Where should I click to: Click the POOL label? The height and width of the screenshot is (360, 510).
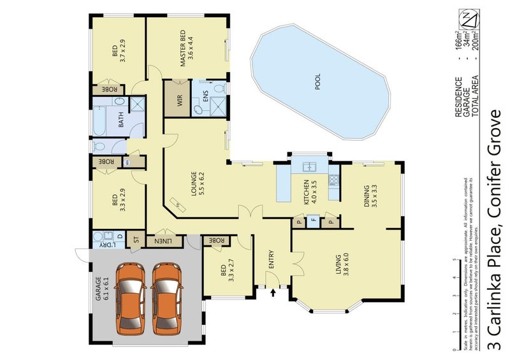318,82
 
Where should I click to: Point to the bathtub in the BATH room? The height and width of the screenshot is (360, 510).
99,121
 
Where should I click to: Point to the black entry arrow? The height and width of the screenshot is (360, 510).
273,292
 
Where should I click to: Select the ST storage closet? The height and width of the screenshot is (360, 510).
135,240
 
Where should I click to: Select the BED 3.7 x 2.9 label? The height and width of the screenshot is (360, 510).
119,50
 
